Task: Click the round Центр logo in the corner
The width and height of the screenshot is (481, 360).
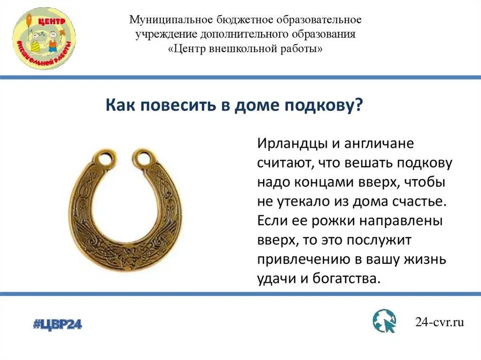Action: (44, 38)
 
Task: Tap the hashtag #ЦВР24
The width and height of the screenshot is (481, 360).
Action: (57, 324)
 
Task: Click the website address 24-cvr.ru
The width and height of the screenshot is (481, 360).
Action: (439, 322)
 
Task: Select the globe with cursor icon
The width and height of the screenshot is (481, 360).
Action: (385, 321)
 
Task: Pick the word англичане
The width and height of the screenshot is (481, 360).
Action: (379, 144)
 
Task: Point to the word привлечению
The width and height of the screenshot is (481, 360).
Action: (304, 260)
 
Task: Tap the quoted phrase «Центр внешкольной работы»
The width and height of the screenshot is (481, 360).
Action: (246, 49)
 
